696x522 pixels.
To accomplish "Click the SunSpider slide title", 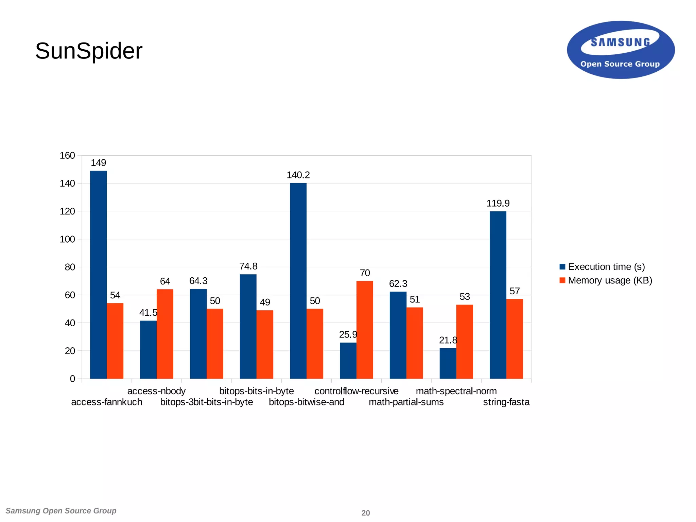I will pos(89,51).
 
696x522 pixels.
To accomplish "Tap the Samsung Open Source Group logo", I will pos(621,50).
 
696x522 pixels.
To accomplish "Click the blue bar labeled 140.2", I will pos(298,281).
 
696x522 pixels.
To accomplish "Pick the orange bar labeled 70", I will pos(365,330).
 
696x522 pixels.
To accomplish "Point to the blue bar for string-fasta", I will pos(498,295).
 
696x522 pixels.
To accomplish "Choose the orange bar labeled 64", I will pos(165,334).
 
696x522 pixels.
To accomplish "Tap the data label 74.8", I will pos(248,266).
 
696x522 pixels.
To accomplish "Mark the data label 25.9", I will pos(348,335).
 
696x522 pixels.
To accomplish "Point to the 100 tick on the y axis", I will pos(67,239).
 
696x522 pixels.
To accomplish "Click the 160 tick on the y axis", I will pos(67,156).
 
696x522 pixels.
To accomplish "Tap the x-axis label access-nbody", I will pos(156,391).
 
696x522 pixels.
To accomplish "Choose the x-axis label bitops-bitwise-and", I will pos(307,402).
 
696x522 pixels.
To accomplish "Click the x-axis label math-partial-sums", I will pos(406,402).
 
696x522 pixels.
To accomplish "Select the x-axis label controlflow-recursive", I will pos(356,391).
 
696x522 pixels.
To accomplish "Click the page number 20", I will pos(366,513).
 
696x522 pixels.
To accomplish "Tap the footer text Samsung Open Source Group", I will pos(61,511).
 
